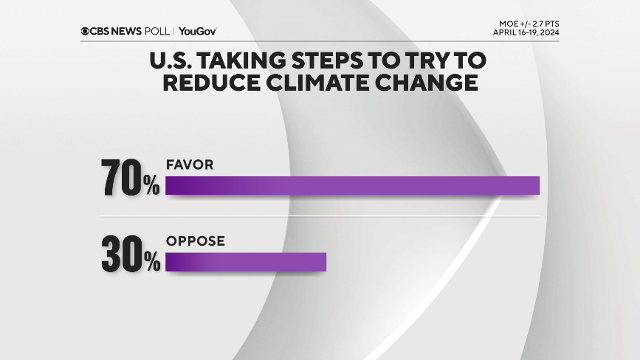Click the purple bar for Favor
[353, 185]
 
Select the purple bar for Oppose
[246, 262]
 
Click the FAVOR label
[190, 165]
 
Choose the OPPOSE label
[195, 240]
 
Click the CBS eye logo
[86, 31]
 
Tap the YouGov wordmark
[197, 31]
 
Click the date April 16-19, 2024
[526, 33]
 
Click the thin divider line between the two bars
[320, 217]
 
